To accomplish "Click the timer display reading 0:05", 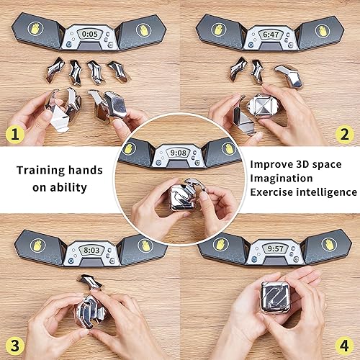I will [90, 34].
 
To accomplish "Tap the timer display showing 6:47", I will [270, 34].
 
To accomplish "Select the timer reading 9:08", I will [179, 153].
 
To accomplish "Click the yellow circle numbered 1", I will [14, 132].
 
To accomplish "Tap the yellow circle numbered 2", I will [346, 132].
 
